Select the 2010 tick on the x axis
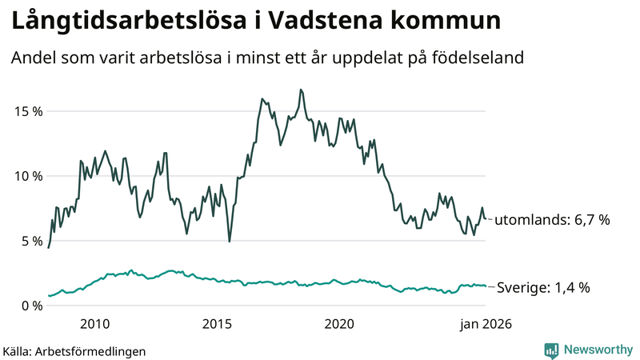(x=95, y=324)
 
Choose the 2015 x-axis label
(x=217, y=324)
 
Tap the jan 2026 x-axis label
(x=484, y=324)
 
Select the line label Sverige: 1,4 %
(x=543, y=287)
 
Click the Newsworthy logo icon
(x=551, y=350)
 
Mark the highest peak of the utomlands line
(x=301, y=90)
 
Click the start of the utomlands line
(x=49, y=248)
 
